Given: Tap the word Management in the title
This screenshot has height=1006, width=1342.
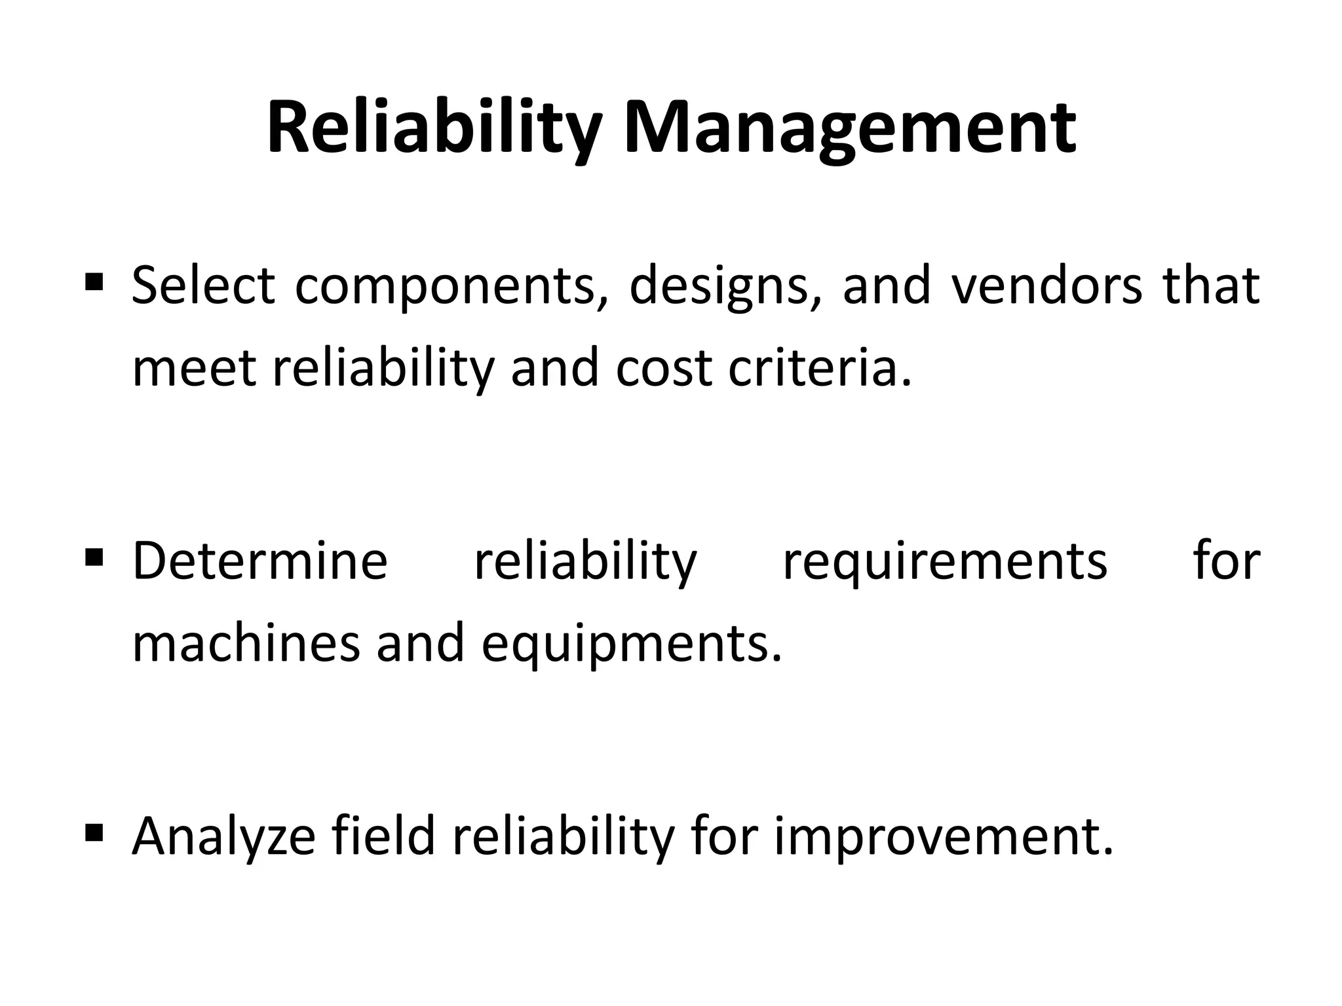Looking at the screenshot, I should point(850,128).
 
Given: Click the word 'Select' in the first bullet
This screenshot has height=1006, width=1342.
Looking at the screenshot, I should point(203,286).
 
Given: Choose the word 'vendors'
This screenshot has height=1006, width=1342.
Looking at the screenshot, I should point(1046,286).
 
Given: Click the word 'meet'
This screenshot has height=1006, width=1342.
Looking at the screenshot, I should point(194,368).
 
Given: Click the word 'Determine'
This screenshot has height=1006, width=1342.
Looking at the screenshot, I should point(260,562).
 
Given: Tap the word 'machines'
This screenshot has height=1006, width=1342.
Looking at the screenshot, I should point(246,643).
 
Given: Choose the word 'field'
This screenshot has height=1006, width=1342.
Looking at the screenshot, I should point(383,836).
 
